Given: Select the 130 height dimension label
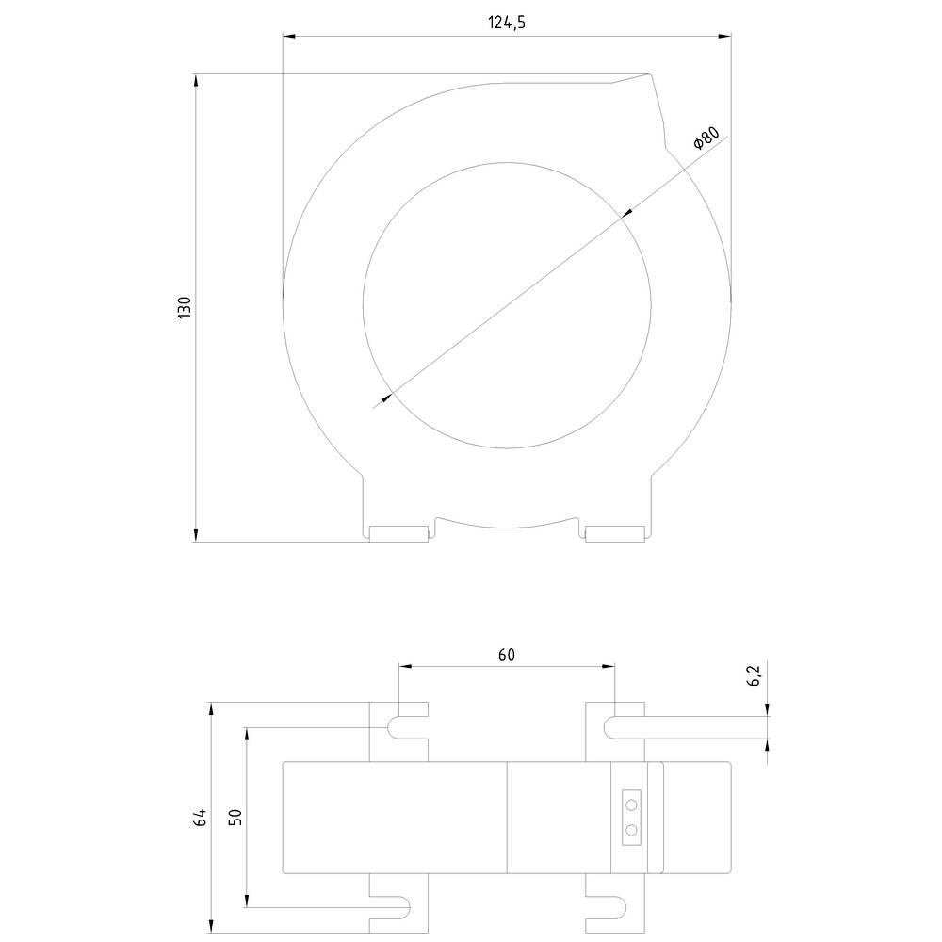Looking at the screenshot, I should [185, 307].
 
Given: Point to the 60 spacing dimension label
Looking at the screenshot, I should [506, 656].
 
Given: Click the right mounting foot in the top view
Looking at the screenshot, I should [614, 534].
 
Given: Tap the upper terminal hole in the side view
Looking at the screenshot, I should [631, 804].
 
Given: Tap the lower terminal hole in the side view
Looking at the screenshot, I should [631, 830].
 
